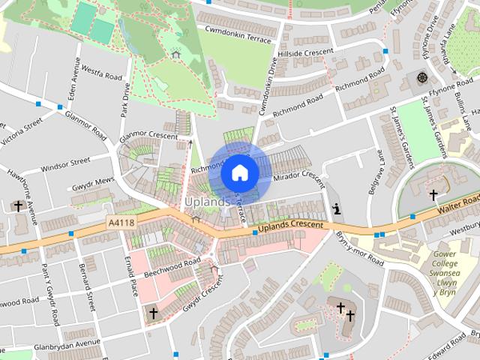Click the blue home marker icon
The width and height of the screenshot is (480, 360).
(239, 172)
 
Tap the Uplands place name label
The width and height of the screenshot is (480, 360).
(208, 202)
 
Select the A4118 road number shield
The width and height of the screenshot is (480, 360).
(121, 223)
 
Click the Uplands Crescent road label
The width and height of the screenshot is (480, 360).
(289, 226)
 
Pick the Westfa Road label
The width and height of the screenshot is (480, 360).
(101, 76)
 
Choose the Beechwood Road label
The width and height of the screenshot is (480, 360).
(172, 267)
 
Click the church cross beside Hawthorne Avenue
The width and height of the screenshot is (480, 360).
(18, 205)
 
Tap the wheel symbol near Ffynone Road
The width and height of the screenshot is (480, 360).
(421, 78)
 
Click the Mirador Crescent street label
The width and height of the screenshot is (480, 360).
(300, 178)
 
